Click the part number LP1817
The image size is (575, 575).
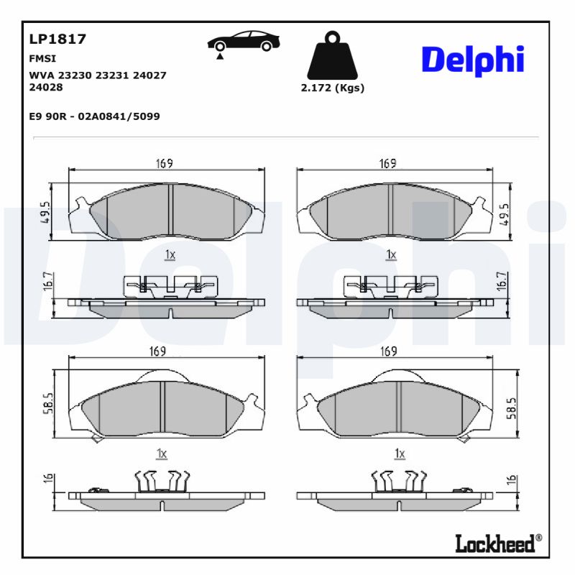point(57,40)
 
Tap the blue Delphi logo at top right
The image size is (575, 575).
point(472,60)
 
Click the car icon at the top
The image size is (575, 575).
point(244,42)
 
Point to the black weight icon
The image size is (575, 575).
point(331,56)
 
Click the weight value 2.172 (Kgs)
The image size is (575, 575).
point(332,88)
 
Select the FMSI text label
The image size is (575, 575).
point(42,59)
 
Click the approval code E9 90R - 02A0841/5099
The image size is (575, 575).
point(94,116)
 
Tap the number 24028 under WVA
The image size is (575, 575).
point(46,87)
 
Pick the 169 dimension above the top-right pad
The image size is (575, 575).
point(388,164)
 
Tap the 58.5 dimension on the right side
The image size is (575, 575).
point(511,408)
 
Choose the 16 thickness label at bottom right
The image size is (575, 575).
point(511,481)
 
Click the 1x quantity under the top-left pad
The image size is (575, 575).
point(170,254)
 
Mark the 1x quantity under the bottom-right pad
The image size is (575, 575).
point(400,454)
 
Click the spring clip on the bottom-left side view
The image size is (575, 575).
point(162,481)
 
